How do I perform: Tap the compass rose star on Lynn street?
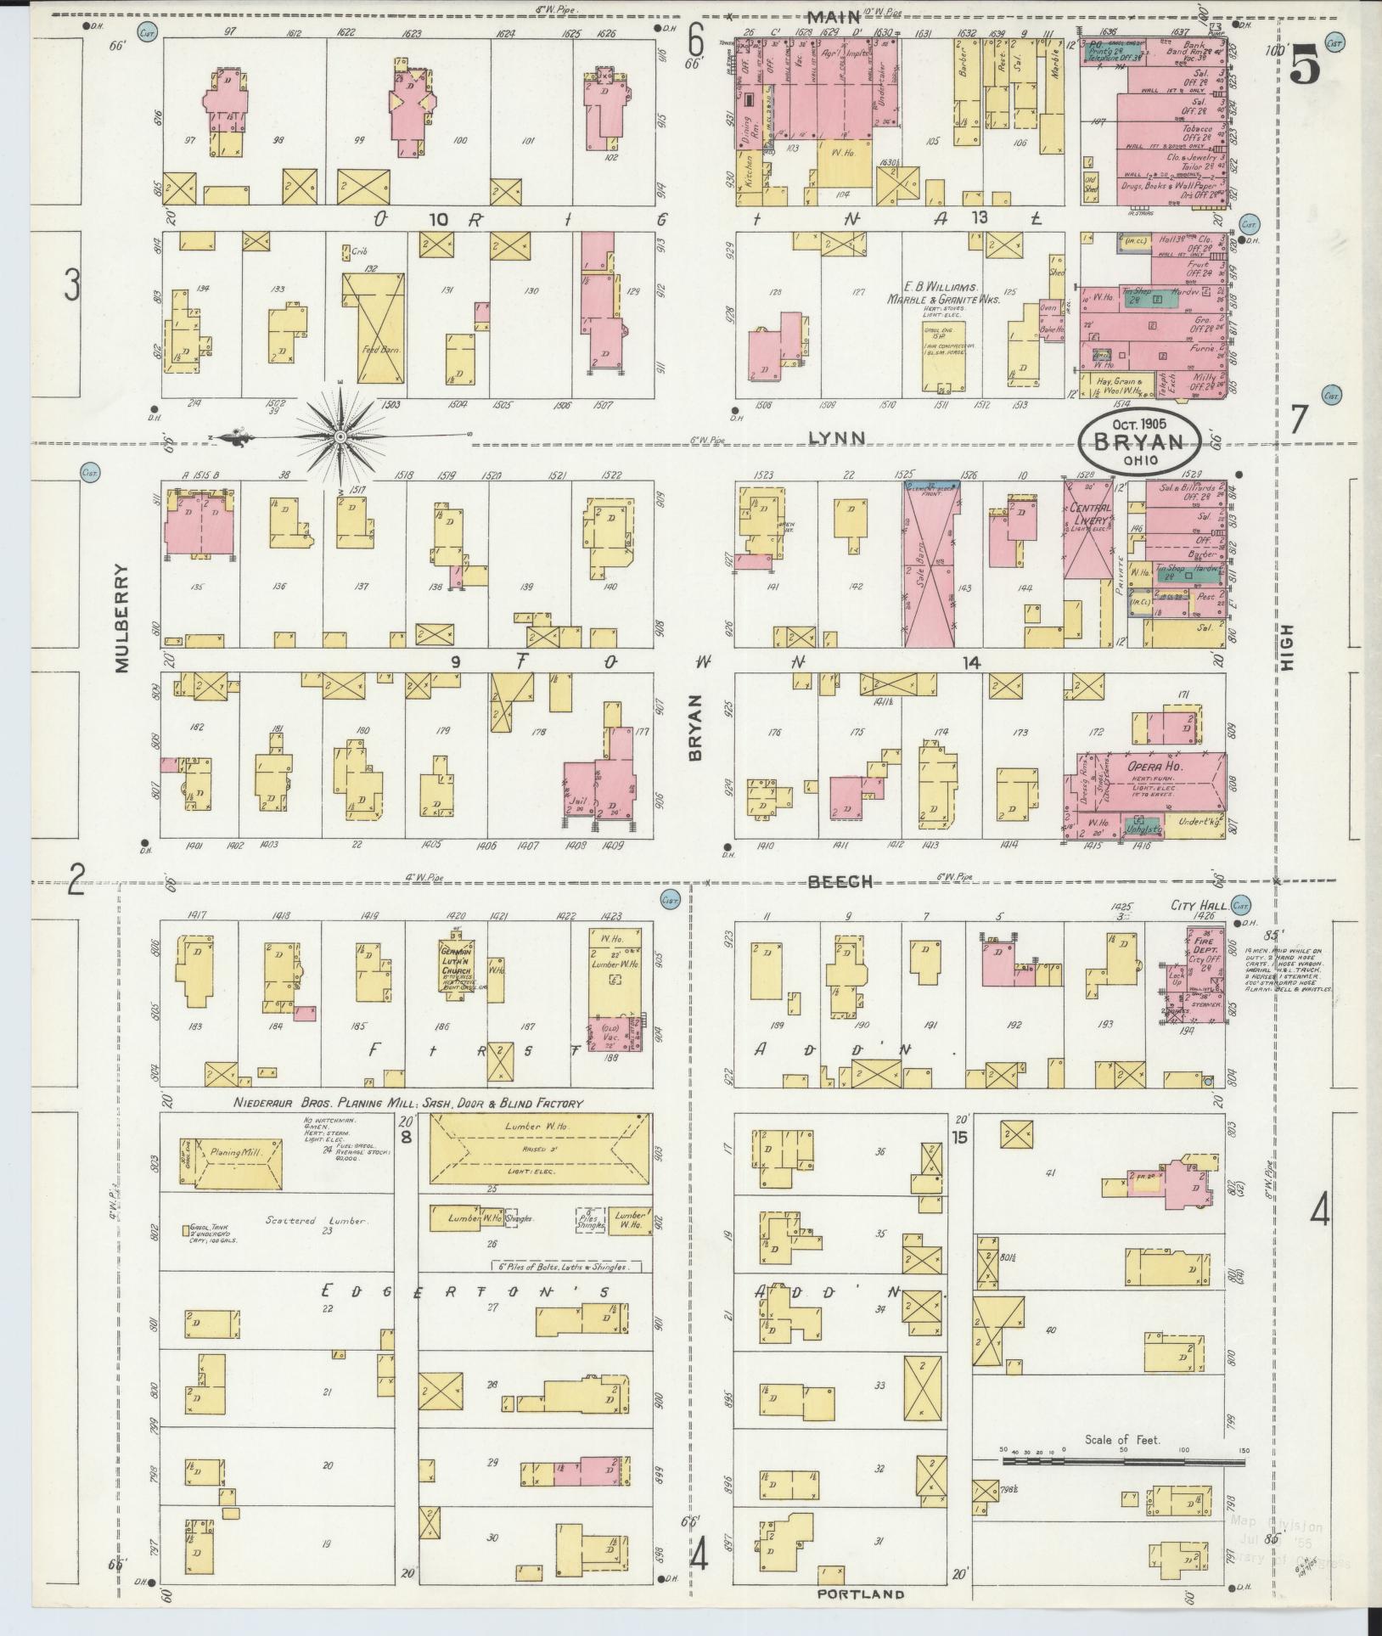point(340,437)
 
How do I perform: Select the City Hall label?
point(1198,906)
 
